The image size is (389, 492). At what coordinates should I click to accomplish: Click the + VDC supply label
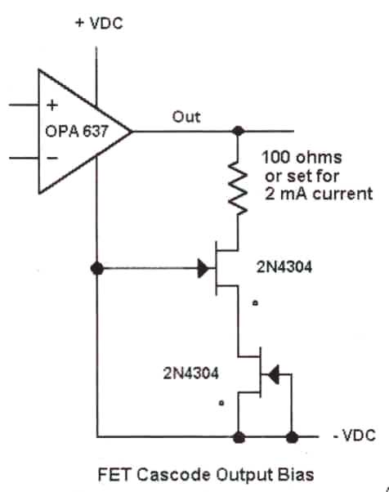tap(99, 24)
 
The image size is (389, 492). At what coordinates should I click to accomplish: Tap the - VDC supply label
tap(355, 436)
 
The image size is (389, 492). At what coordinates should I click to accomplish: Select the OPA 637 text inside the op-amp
tap(77, 131)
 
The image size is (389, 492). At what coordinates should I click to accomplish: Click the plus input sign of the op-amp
tap(52, 105)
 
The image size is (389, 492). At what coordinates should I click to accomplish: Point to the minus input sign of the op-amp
tap(52, 158)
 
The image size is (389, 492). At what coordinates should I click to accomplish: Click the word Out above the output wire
tap(186, 117)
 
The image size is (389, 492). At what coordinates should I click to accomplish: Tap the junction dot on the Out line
tap(238, 131)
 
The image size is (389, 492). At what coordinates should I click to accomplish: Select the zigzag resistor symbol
tap(238, 188)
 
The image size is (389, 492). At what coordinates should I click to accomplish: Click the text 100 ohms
tap(302, 157)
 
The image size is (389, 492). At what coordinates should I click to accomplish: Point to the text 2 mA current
tap(319, 193)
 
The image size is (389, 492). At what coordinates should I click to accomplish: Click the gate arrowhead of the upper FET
tap(203, 268)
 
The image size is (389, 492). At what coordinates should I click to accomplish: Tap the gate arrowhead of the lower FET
tap(274, 374)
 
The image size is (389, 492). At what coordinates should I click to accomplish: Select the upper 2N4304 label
tap(284, 267)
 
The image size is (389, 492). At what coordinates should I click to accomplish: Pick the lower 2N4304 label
tap(190, 373)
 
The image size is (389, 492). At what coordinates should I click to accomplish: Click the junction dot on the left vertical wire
tap(97, 269)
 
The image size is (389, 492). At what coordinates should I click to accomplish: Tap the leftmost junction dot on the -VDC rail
tap(239, 436)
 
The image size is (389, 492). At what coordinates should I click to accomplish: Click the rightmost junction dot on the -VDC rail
tap(292, 436)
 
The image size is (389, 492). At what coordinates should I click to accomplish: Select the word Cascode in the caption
tap(174, 475)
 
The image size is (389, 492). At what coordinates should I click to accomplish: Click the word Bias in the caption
tap(296, 475)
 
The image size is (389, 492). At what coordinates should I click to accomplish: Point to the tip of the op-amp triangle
tap(132, 132)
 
